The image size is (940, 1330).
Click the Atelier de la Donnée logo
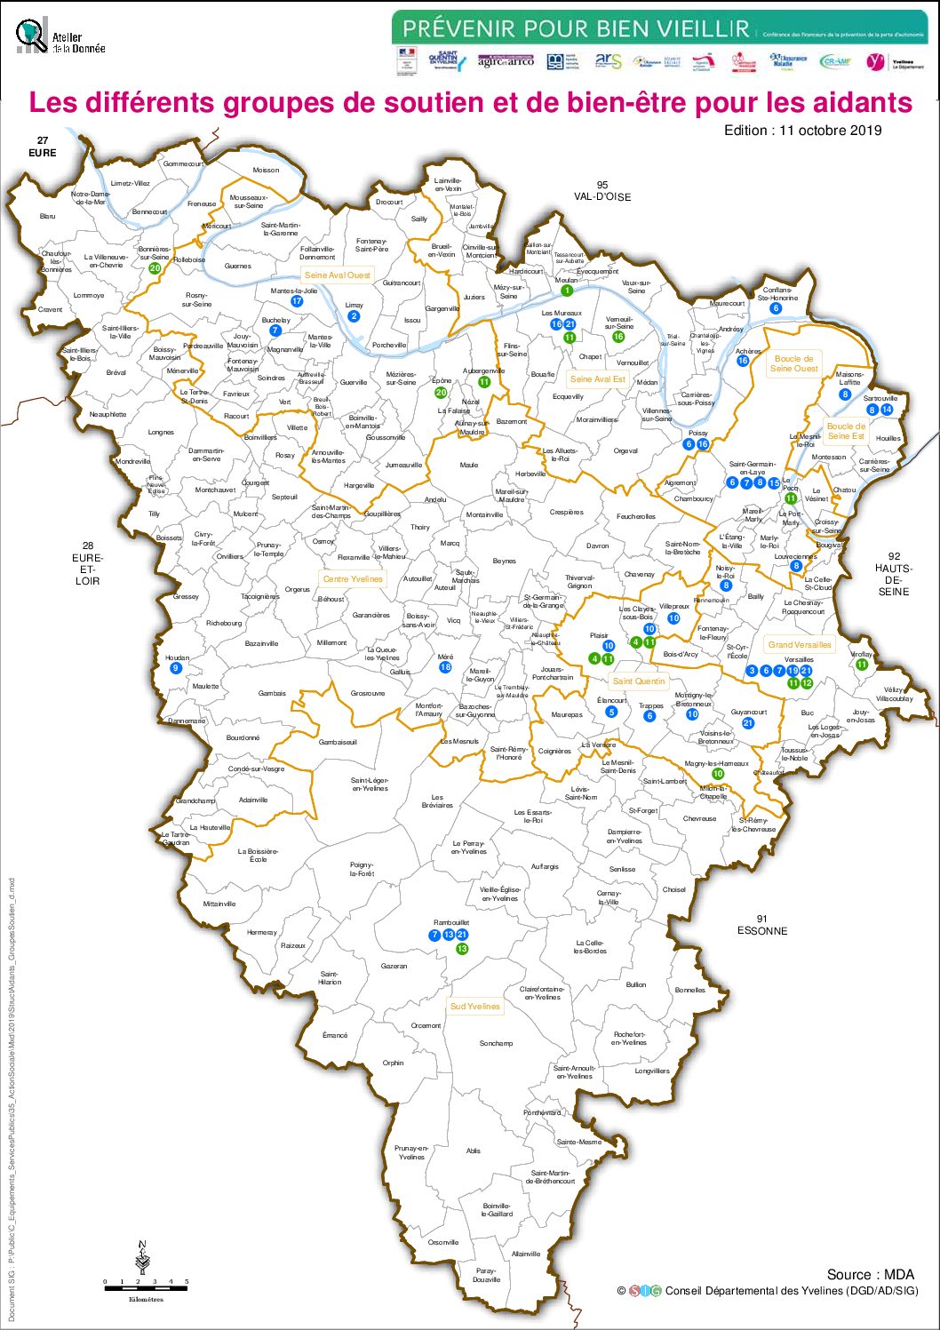pyautogui.click(x=60, y=37)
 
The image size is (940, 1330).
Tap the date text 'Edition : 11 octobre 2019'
pyautogui.click(x=802, y=131)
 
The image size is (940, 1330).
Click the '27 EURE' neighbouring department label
pyautogui.click(x=42, y=147)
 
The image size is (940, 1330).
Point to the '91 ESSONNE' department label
pyautogui.click(x=761, y=925)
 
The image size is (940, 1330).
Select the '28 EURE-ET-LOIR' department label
pyautogui.click(x=87, y=563)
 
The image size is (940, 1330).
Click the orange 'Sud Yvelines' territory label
pyautogui.click(x=474, y=1007)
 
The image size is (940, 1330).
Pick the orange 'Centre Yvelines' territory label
pyautogui.click(x=353, y=579)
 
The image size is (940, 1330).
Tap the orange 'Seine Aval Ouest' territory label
pyautogui.click(x=337, y=275)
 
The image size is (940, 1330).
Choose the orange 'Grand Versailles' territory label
pyautogui.click(x=800, y=645)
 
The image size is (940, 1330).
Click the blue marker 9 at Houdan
pyautogui.click(x=176, y=668)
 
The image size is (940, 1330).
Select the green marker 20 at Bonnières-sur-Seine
pyautogui.click(x=155, y=268)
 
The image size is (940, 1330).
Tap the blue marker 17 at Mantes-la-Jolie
pyautogui.click(x=297, y=301)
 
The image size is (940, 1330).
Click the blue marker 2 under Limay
pyautogui.click(x=354, y=316)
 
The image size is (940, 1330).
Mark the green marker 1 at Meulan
pyautogui.click(x=567, y=291)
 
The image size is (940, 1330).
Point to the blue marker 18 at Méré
pyautogui.click(x=445, y=667)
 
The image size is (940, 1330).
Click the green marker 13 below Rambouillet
pyautogui.click(x=462, y=949)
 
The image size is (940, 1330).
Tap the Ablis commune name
pyautogui.click(x=473, y=1151)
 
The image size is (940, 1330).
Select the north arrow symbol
pyautogui.click(x=142, y=1258)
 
